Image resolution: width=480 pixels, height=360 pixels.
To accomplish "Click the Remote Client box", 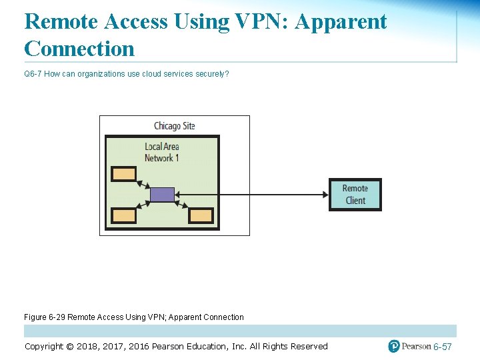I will (x=355, y=194).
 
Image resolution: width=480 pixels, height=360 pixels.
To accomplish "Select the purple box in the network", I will (x=162, y=195).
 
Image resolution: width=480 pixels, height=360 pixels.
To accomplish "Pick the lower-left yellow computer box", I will (x=123, y=215).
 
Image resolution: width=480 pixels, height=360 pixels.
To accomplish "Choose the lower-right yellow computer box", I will (x=201, y=215).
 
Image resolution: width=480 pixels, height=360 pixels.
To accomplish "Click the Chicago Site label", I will (x=175, y=126).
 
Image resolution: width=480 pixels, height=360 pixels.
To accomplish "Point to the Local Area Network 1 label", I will (x=162, y=152).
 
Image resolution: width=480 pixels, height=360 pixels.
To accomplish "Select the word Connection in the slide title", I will (x=79, y=48).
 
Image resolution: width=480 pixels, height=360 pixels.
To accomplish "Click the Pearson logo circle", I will (x=394, y=346).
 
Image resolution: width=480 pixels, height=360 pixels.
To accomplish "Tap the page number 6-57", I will (x=442, y=347).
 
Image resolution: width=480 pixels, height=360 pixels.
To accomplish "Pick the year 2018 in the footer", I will (x=88, y=347).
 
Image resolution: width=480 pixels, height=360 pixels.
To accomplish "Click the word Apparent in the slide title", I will (x=341, y=21).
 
